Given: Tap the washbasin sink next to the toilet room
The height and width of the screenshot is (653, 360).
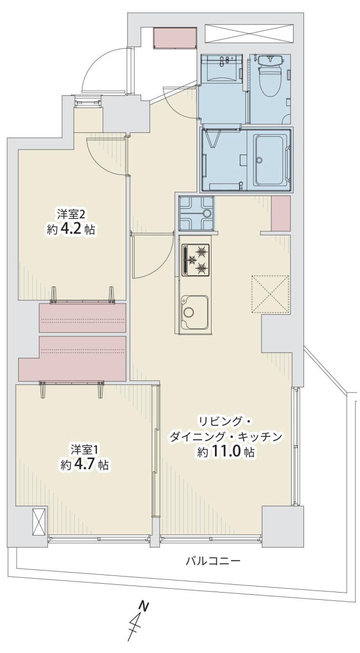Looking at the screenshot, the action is click(221, 68).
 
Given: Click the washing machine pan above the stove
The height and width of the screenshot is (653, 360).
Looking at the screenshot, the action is click(196, 213).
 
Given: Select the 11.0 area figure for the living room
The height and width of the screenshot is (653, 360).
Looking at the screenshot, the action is click(227, 453).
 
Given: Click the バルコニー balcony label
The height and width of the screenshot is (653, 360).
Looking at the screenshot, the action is click(213, 561).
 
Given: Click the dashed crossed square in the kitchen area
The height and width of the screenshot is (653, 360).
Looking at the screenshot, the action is click(270, 294).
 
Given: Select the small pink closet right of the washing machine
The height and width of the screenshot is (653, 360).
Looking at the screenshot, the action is click(280, 213).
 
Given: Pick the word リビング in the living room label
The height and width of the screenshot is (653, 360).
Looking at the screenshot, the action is click(219, 421).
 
